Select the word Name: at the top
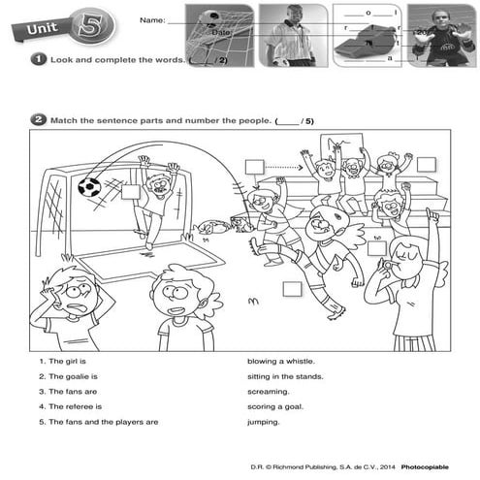152,19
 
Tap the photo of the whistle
367,35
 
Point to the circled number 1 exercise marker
37,60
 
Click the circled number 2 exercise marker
37,121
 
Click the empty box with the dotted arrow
254,167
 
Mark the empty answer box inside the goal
131,193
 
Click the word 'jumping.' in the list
264,422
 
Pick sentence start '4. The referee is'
70,406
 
